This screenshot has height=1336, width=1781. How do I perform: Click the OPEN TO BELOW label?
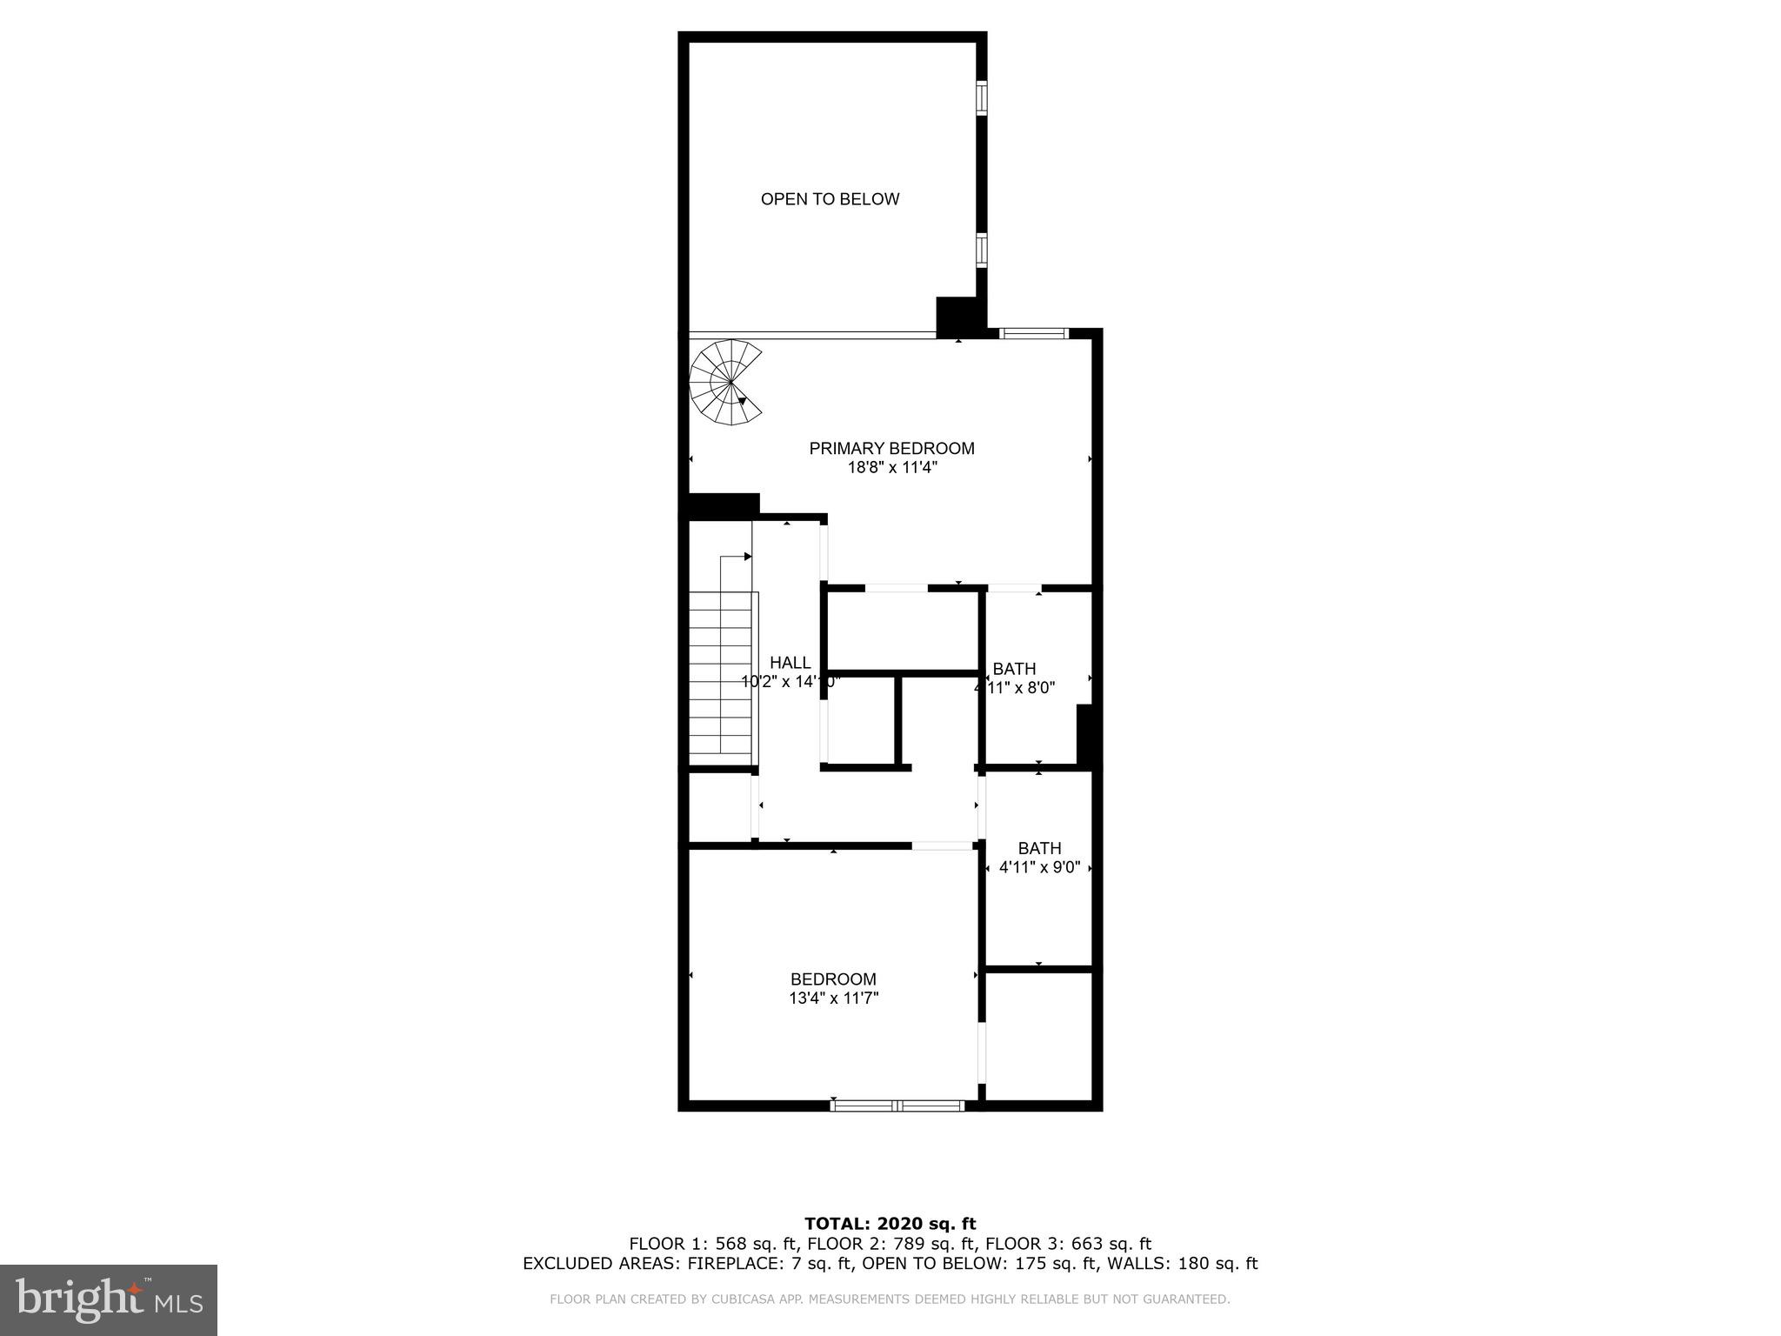[830, 199]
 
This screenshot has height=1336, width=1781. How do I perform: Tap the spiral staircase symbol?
[727, 383]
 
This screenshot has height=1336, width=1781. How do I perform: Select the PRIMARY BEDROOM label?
[891, 449]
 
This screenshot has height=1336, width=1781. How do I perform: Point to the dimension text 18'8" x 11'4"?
[891, 468]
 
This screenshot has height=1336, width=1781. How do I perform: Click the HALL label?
[790, 663]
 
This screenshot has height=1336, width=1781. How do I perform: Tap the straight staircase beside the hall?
[721, 674]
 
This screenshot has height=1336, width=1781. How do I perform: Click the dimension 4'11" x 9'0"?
[1039, 867]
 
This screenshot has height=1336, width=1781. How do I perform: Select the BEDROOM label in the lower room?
[833, 979]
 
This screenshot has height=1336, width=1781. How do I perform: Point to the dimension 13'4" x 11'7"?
[833, 999]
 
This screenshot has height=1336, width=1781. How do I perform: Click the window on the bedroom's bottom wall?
[897, 1106]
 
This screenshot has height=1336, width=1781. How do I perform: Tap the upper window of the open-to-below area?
[982, 98]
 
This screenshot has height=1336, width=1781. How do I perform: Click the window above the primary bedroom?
[1033, 333]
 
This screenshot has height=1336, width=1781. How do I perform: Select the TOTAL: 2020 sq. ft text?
[890, 1225]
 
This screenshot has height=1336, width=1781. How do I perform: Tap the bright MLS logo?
[109, 1299]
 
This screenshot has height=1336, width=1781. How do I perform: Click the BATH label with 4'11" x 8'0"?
[1014, 669]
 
